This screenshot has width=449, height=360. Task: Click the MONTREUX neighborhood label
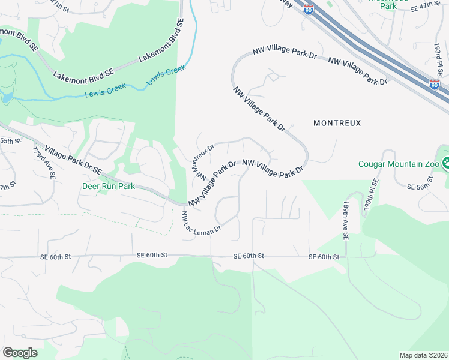click(x=337, y=122)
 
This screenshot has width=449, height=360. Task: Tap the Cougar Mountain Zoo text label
click(x=397, y=163)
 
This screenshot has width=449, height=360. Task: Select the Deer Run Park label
click(x=108, y=186)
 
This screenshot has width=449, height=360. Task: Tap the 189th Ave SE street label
click(x=346, y=221)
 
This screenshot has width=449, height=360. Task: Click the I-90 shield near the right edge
click(x=435, y=85)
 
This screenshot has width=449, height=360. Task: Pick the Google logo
click(x=20, y=353)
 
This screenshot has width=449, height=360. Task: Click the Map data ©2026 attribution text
click(x=423, y=355)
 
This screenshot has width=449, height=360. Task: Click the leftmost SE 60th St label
click(x=56, y=256)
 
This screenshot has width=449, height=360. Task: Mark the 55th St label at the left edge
click(x=10, y=140)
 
